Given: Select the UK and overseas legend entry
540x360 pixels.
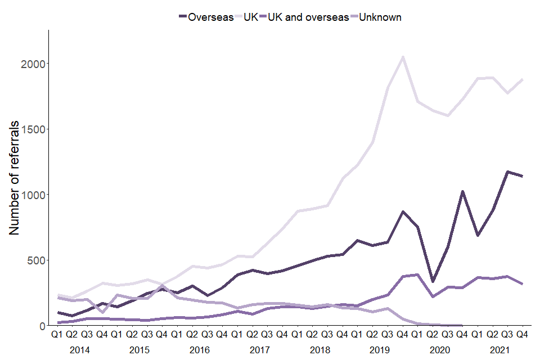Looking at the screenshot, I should click(x=308, y=17).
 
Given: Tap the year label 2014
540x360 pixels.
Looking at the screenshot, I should click(x=79, y=349).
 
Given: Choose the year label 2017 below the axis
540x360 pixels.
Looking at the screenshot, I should click(x=259, y=349).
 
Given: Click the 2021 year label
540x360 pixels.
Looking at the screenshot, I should click(x=500, y=349).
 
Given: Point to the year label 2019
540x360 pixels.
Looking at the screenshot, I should click(x=380, y=349).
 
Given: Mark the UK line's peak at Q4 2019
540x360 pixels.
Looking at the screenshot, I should click(x=402, y=57).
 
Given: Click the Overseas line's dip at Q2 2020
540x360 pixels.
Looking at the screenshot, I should click(x=433, y=281).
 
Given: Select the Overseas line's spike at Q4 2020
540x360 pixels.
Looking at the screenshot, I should click(x=462, y=192).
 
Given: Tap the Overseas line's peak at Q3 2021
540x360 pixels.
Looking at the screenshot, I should click(x=507, y=172).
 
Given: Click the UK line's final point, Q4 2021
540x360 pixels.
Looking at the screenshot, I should click(x=523, y=79).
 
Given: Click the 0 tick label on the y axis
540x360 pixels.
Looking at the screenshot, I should click(x=42, y=326).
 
